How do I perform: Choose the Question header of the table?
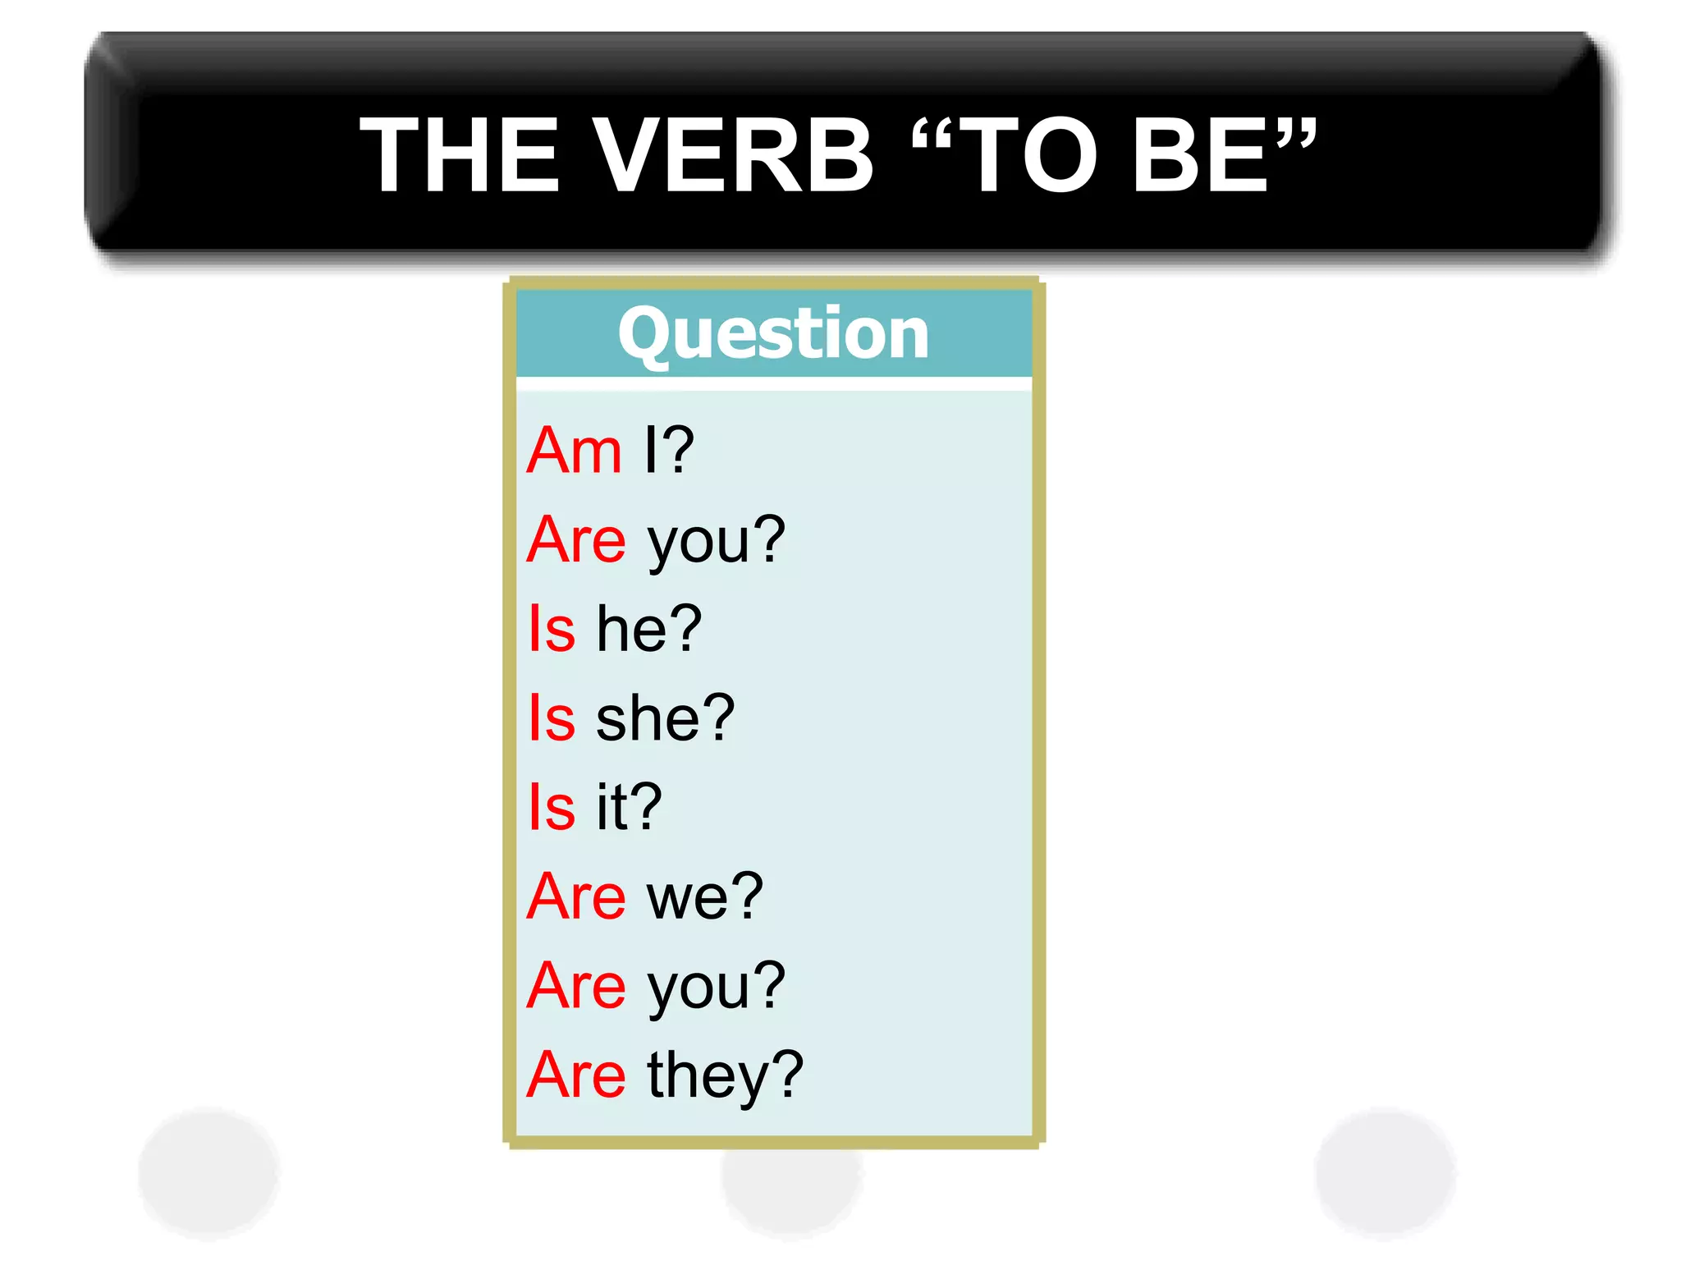click(773, 333)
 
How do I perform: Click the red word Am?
click(575, 451)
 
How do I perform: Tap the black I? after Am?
click(669, 451)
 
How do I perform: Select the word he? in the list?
click(648, 629)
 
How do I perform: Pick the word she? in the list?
click(665, 718)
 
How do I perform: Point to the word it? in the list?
click(629, 807)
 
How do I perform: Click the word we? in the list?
click(705, 897)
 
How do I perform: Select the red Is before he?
click(552, 629)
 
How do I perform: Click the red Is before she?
click(552, 718)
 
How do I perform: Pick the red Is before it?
click(552, 807)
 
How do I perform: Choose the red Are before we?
click(576, 896)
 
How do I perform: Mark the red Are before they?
click(576, 1075)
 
